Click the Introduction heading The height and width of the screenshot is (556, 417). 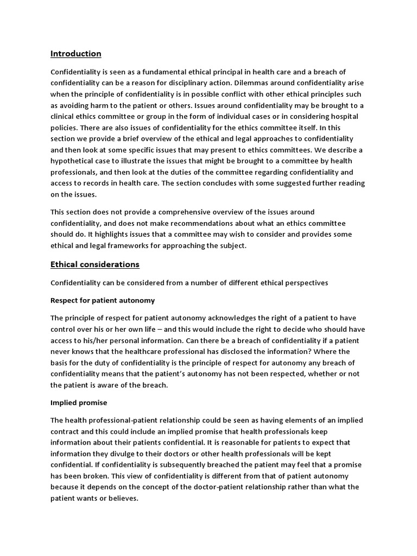click(76, 54)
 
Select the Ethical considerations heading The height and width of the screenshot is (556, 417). click(95, 264)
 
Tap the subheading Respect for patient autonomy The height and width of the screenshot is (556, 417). click(103, 300)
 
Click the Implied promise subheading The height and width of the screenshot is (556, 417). click(79, 403)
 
